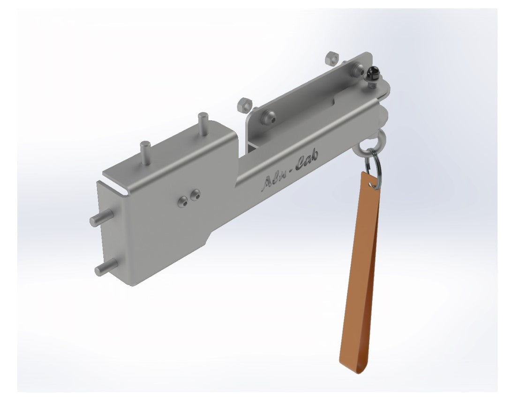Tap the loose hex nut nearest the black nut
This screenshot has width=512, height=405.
[330, 59]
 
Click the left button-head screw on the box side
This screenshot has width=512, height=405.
[182, 202]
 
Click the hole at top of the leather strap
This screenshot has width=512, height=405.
[373, 185]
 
